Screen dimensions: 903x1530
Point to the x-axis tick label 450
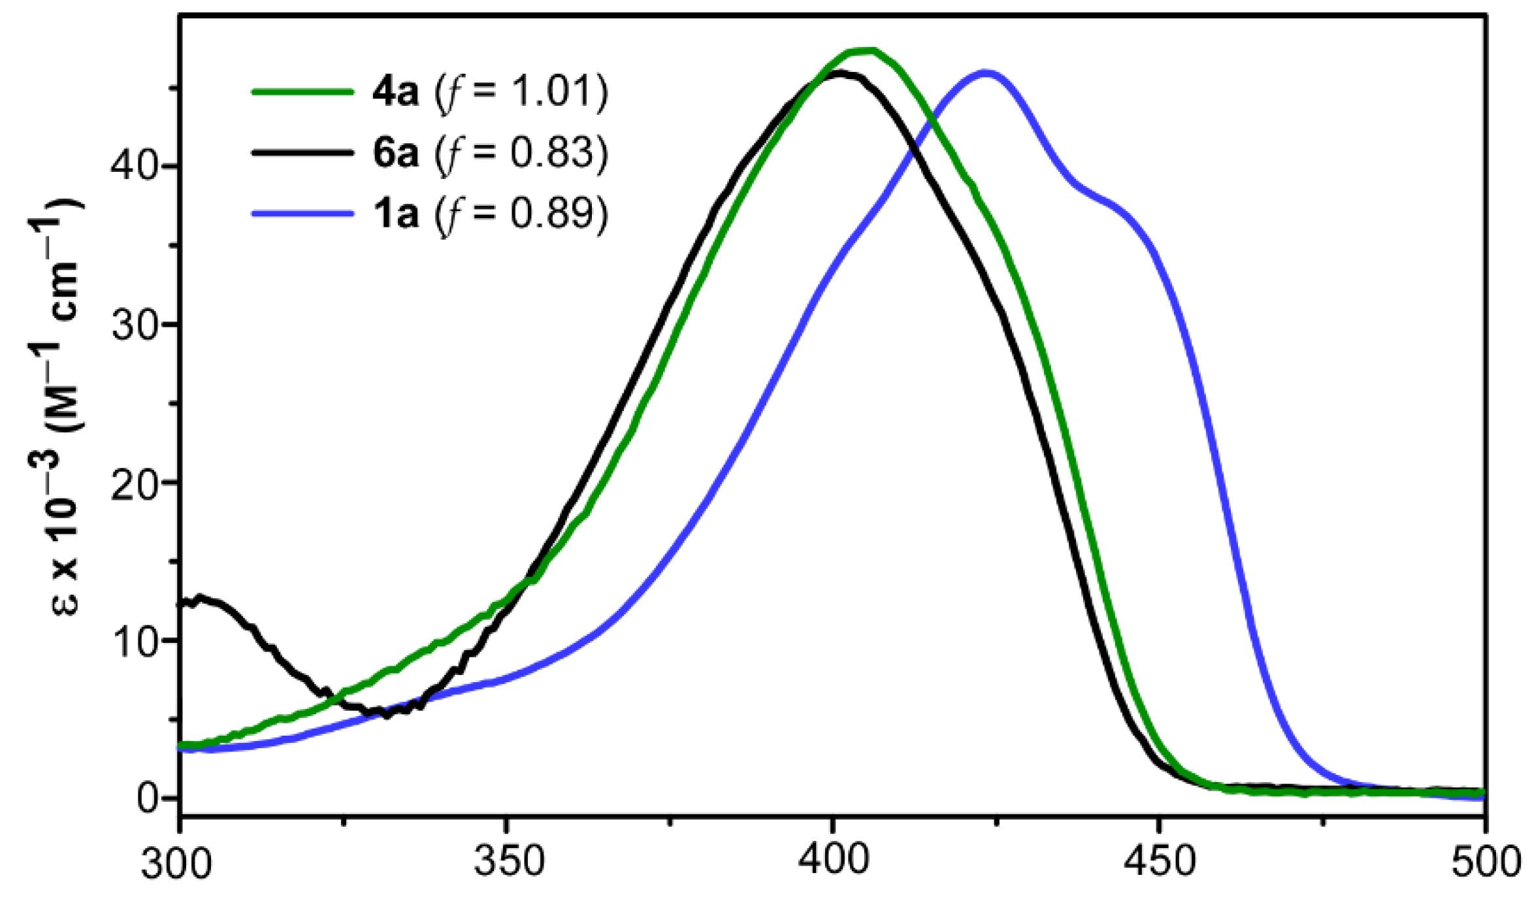click(1160, 862)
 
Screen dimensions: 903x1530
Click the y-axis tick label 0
click(148, 798)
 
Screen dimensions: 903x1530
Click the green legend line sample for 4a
click(302, 92)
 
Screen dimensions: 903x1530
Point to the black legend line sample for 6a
click(302, 152)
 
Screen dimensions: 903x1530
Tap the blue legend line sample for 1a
click(302, 213)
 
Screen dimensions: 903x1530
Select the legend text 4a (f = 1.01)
click(490, 92)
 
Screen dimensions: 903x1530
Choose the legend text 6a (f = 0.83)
click(490, 152)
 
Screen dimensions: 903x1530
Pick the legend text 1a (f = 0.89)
click(490, 213)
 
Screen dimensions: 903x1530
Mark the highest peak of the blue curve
click(985, 73)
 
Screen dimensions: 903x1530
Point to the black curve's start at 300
click(182, 602)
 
